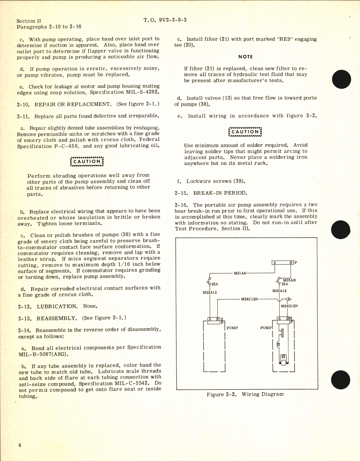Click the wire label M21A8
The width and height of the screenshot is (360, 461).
(x=240, y=273)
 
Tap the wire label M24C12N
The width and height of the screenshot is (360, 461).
(x=249, y=299)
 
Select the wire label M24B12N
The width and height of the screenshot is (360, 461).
(x=289, y=306)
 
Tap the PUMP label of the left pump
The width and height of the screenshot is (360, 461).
(x=232, y=328)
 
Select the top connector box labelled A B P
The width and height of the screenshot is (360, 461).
(x=283, y=262)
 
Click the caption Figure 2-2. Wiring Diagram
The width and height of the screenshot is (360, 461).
(x=245, y=394)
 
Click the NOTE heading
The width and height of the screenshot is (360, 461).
(x=245, y=57)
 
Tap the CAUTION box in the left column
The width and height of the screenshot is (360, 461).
(x=87, y=162)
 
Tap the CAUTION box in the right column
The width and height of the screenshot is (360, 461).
(x=245, y=132)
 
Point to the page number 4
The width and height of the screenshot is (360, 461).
(x=19, y=445)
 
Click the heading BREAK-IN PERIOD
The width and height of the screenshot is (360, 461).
(x=220, y=193)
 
